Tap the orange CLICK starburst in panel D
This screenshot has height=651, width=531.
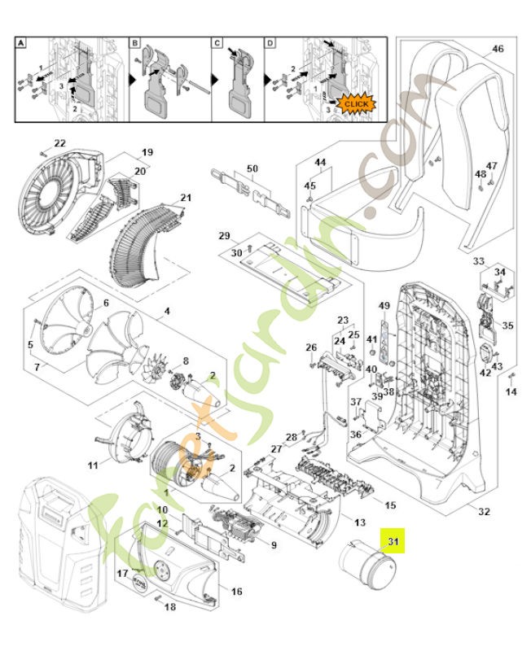355,104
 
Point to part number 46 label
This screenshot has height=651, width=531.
498,49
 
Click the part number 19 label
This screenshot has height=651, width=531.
147,152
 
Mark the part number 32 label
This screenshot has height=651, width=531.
484,511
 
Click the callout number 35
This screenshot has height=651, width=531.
507,325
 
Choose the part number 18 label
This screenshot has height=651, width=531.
169,607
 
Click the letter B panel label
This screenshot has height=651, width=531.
135,42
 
